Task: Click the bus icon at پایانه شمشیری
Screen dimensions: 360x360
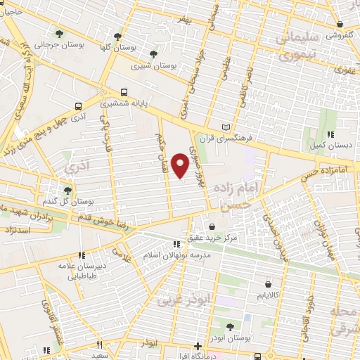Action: click(x=124, y=92)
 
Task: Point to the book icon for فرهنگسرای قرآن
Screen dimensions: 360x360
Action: click(x=226, y=127)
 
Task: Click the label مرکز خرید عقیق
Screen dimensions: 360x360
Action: click(x=218, y=238)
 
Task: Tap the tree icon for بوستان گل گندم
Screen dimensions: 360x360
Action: click(x=67, y=189)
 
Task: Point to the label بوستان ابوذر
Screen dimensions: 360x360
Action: click(x=231, y=337)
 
